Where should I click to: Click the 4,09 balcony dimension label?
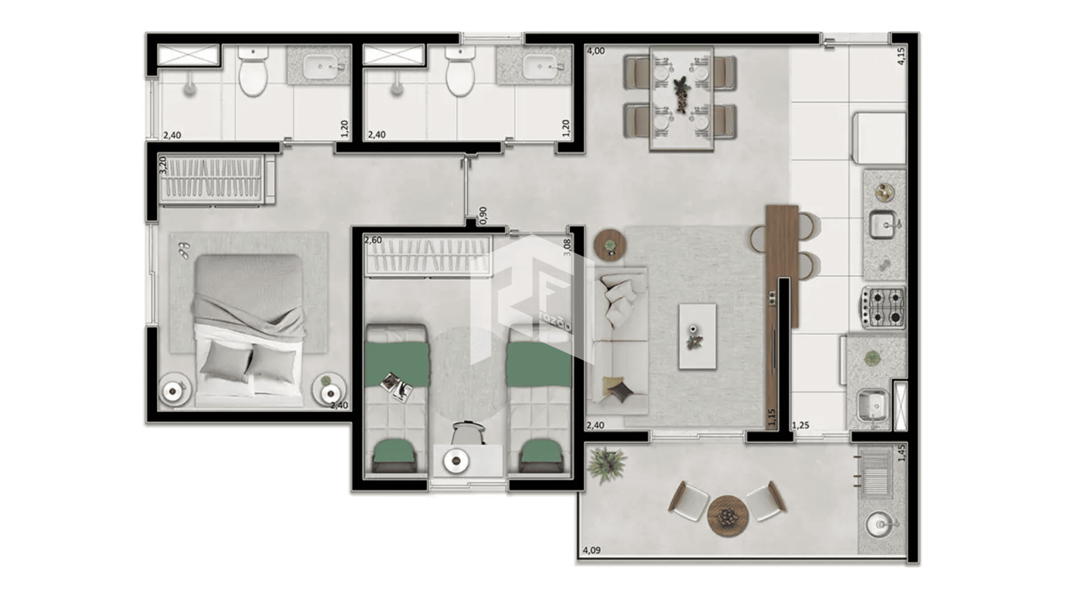pos(591,551)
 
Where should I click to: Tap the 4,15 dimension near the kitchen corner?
pos(901,56)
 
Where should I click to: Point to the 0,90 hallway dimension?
pos(483,215)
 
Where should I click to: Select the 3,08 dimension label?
pos(567,247)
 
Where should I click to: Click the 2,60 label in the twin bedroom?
pos(373,240)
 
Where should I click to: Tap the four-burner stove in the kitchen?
pos(883,308)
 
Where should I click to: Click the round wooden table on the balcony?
pos(728,516)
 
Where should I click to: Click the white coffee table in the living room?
pos(697,336)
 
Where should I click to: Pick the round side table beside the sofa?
pos(610,243)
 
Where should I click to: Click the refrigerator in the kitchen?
pos(879,138)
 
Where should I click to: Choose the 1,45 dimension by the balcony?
pos(901,453)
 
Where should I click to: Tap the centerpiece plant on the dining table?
pos(681,94)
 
